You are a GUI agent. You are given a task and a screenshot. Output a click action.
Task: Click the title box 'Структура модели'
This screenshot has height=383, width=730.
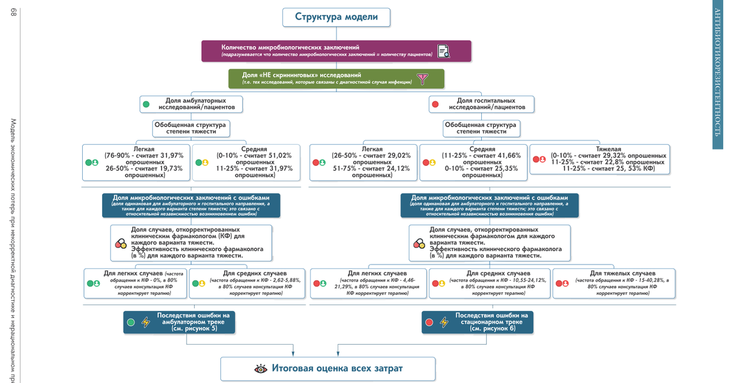[336, 17]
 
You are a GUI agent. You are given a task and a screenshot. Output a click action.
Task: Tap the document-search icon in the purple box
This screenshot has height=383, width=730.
[444, 52]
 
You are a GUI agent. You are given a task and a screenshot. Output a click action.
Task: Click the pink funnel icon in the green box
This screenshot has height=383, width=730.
[422, 79]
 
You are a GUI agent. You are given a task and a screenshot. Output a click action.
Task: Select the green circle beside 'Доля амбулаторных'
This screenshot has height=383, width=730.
[146, 105]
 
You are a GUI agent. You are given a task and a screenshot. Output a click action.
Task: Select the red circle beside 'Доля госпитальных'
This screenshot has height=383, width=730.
[435, 105]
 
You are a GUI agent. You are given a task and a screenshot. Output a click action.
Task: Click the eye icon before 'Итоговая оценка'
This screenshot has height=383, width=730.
[260, 368]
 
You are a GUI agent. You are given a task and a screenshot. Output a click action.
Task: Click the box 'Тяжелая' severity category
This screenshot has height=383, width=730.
[600, 160]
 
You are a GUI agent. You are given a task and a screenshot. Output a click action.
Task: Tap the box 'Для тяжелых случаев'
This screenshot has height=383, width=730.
[614, 284]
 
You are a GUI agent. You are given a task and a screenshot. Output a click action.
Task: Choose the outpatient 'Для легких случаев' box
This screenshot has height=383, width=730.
[134, 284]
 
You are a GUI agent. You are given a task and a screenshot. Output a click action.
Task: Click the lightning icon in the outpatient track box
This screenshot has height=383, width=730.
[146, 322]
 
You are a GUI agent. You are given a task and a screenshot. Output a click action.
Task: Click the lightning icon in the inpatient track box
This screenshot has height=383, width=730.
[444, 322]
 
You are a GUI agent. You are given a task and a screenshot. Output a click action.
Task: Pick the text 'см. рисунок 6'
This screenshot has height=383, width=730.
[493, 328]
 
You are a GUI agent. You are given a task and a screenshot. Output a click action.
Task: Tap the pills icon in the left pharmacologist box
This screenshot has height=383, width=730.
[120, 243]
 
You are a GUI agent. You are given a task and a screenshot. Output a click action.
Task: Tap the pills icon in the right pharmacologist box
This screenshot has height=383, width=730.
[419, 243]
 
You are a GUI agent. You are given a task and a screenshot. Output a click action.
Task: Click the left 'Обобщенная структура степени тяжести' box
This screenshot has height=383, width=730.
[190, 128]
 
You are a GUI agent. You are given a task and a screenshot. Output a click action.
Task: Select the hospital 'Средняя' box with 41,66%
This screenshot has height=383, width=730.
[473, 162]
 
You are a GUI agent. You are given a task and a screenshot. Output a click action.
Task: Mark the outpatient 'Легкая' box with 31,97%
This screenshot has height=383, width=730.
[136, 162]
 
